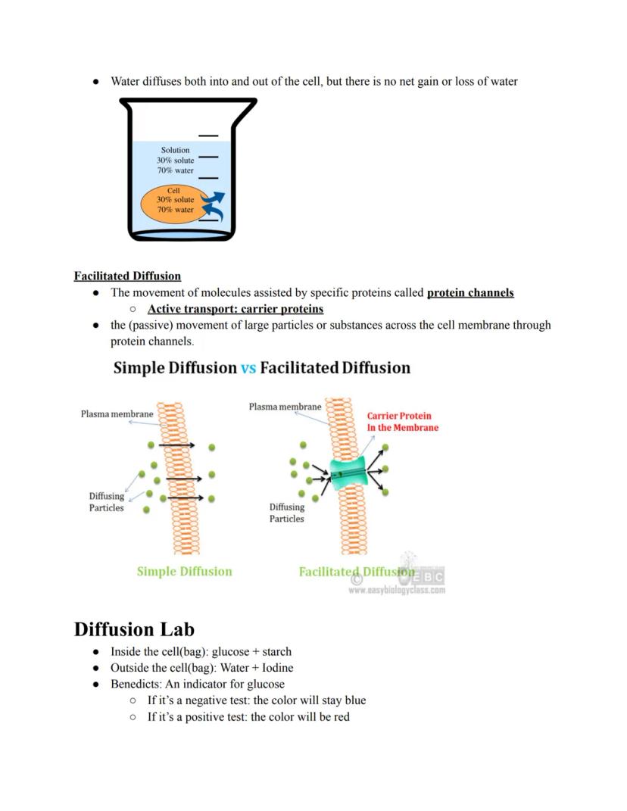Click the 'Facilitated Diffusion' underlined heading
pos(127,276)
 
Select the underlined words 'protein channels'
pos(470,292)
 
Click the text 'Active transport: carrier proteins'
pos(235,309)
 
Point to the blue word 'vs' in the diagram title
pos(248,368)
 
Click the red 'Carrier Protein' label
pos(399,416)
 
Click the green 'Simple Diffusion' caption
pos(184,572)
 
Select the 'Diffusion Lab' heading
pos(134,629)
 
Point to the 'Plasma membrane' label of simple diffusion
pos(117,414)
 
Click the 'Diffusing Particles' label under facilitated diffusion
pos(286,513)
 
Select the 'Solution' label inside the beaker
pos(175,150)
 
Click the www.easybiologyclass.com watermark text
pos(396,590)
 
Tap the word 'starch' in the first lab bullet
pos(276,651)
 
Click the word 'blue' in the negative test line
pos(354,700)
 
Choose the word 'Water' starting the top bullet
pos(126,81)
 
